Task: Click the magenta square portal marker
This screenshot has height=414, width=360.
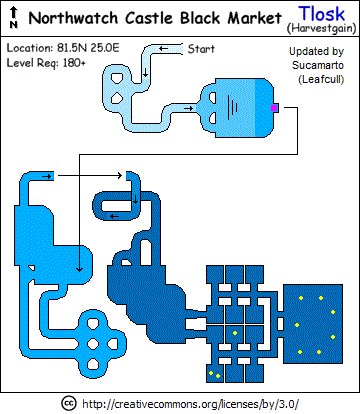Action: click(x=274, y=108)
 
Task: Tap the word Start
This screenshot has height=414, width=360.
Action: click(x=201, y=49)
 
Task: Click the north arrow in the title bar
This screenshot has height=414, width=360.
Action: click(x=14, y=18)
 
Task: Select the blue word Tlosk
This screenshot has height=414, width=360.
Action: click(x=321, y=14)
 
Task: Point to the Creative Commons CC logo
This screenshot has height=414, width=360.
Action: click(x=69, y=403)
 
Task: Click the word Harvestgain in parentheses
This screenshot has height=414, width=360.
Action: click(x=322, y=28)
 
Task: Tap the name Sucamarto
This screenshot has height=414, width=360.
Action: click(x=318, y=65)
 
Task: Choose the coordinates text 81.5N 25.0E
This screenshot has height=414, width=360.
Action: click(x=88, y=48)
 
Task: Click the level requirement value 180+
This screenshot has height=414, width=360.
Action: click(x=73, y=63)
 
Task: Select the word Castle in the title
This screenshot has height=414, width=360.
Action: click(x=150, y=18)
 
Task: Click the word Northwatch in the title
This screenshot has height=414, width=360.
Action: click(x=73, y=18)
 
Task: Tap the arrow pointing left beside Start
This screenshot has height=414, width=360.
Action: click(x=163, y=49)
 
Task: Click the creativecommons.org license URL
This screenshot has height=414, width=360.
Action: click(x=190, y=404)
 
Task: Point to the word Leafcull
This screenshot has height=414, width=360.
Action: click(x=321, y=80)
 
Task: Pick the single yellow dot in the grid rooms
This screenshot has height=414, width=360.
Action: click(x=235, y=333)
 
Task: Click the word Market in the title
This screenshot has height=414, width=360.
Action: click(x=255, y=18)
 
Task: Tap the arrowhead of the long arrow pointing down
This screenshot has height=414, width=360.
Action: click(x=79, y=269)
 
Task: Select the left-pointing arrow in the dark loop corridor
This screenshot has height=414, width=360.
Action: click(x=114, y=217)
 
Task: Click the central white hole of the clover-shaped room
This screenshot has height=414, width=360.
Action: click(x=93, y=343)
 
